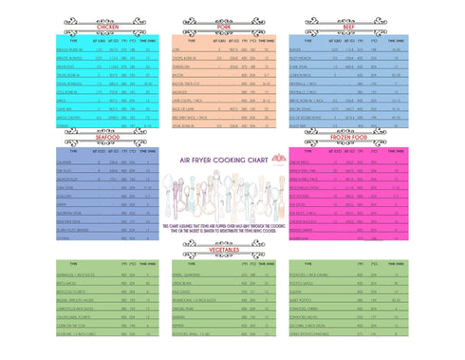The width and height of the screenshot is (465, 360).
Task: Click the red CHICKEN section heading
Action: pyautogui.click(x=96, y=28)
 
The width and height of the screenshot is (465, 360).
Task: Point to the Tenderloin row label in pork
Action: pyautogui.click(x=185, y=66)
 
